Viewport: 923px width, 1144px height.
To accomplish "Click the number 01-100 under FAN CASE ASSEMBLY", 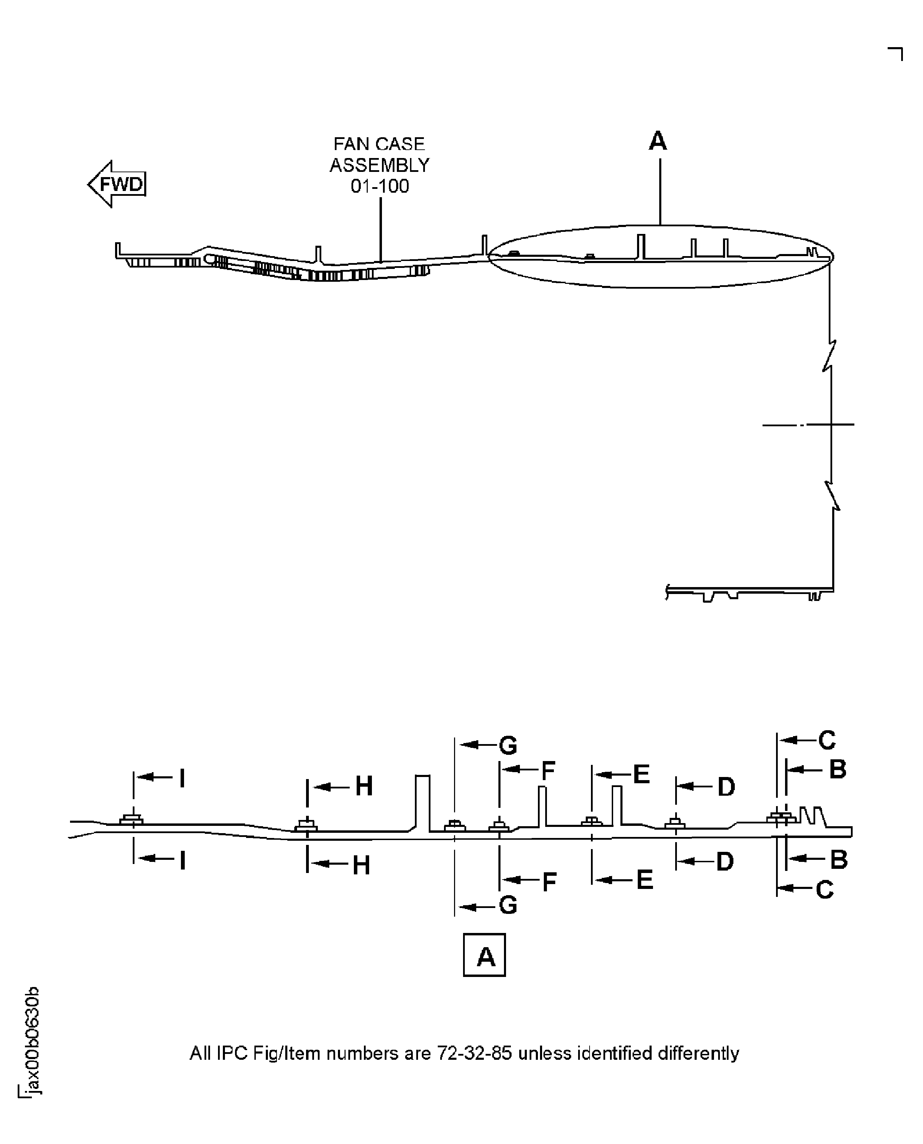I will pyautogui.click(x=380, y=186).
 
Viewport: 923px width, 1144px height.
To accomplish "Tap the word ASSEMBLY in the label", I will pyautogui.click(x=380, y=165).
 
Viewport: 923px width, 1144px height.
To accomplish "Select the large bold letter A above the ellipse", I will pyautogui.click(x=658, y=141).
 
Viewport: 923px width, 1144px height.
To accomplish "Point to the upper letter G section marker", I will pyautogui.click(x=508, y=745).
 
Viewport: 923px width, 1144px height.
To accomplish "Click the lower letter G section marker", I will pyautogui.click(x=508, y=905).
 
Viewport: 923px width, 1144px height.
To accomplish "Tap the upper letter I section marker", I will pyautogui.click(x=182, y=779).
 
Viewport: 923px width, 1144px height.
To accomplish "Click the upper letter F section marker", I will pyautogui.click(x=548, y=771).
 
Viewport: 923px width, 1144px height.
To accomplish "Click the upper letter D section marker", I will pyautogui.click(x=726, y=787).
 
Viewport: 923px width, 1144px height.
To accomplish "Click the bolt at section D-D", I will pyautogui.click(x=675, y=824).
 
